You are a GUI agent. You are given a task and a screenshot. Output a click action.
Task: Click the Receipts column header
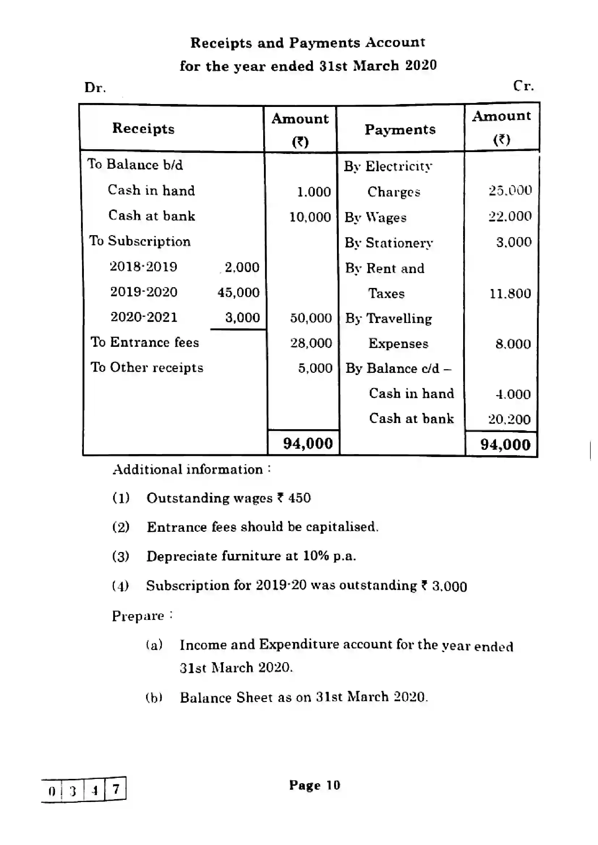143,129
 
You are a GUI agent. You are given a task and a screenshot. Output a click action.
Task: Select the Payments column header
400,130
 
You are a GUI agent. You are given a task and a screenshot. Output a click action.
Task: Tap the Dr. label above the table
95,87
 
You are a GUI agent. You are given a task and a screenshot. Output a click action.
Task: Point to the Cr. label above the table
523,86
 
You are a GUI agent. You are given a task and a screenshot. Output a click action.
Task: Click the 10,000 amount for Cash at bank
310,217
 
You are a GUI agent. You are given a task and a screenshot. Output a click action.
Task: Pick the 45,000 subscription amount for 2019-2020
238,293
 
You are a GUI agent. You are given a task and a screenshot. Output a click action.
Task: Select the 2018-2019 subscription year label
144,267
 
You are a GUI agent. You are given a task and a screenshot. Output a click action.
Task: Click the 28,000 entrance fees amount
311,343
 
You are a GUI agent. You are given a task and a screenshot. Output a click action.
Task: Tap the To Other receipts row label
147,367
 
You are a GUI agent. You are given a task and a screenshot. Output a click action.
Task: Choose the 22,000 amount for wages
510,216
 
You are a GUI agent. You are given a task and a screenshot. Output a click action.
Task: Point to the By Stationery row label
388,243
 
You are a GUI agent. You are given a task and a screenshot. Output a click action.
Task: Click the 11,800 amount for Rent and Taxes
510,293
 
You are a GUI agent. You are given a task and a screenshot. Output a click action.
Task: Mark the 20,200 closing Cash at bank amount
509,419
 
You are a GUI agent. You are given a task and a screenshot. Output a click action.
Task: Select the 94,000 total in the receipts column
308,444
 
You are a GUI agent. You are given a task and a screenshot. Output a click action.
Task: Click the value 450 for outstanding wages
299,498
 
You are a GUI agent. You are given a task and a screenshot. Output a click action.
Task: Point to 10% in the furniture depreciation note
316,556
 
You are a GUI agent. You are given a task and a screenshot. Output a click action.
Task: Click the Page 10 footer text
315,785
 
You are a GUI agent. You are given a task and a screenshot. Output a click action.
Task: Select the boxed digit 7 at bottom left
116,789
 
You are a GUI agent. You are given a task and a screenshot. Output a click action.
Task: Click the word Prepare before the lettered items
138,616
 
